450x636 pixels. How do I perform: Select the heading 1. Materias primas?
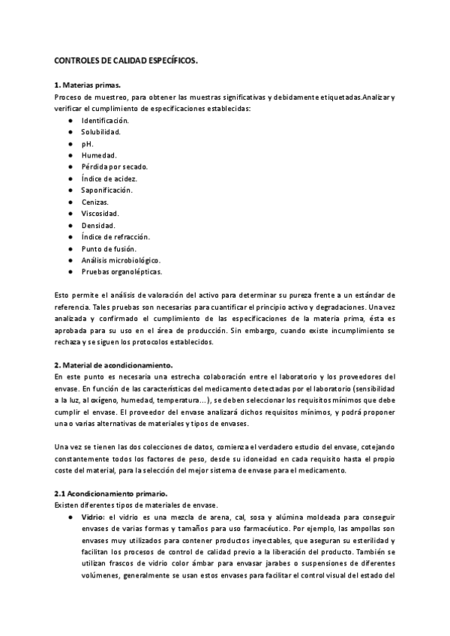(x=88, y=85)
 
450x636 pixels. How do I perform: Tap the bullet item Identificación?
(x=105, y=120)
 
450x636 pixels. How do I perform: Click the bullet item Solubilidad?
(x=101, y=131)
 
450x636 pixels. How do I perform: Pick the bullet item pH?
(x=87, y=143)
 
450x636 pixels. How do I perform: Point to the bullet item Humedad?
(x=99, y=154)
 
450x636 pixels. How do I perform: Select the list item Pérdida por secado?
(x=115, y=166)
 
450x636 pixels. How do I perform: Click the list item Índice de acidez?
(x=109, y=178)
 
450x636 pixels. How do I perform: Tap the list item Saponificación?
(x=106, y=190)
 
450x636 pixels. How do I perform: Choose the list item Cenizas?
(x=95, y=202)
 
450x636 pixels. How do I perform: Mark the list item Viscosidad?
(x=100, y=213)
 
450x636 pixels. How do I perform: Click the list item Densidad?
(x=98, y=225)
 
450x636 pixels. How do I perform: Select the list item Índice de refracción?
(x=115, y=236)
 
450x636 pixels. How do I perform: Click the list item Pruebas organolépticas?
(x=121, y=271)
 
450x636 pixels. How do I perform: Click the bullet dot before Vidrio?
(x=70, y=517)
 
